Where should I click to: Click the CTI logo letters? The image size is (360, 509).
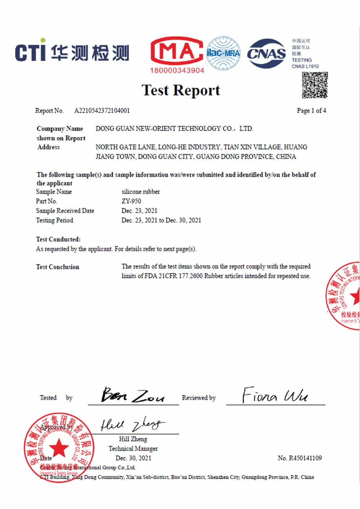pos(31,52)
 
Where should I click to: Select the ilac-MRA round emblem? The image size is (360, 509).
pos(223,53)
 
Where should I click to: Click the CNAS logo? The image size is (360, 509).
pos(266,54)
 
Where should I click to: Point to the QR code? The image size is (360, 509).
pos(315,85)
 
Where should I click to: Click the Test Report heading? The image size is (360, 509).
pos(181,90)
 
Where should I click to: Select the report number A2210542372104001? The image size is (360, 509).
pos(102,111)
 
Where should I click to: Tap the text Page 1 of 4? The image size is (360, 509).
pos(311,111)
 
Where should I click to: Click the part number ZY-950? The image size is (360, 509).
pos(131,201)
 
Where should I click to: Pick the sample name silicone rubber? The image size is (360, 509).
pos(141,192)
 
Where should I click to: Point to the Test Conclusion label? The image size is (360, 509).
pos(58,267)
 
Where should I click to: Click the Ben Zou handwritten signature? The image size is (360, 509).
pos(132,395)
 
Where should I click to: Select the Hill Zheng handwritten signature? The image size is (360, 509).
pos(132,424)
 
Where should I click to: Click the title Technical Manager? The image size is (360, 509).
pos(133,449)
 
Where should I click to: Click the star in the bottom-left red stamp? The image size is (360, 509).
pos(59,448)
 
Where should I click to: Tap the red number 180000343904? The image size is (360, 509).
pos(177,71)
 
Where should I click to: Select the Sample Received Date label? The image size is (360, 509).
pos(65,211)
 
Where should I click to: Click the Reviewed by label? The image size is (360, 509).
pos(199,398)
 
